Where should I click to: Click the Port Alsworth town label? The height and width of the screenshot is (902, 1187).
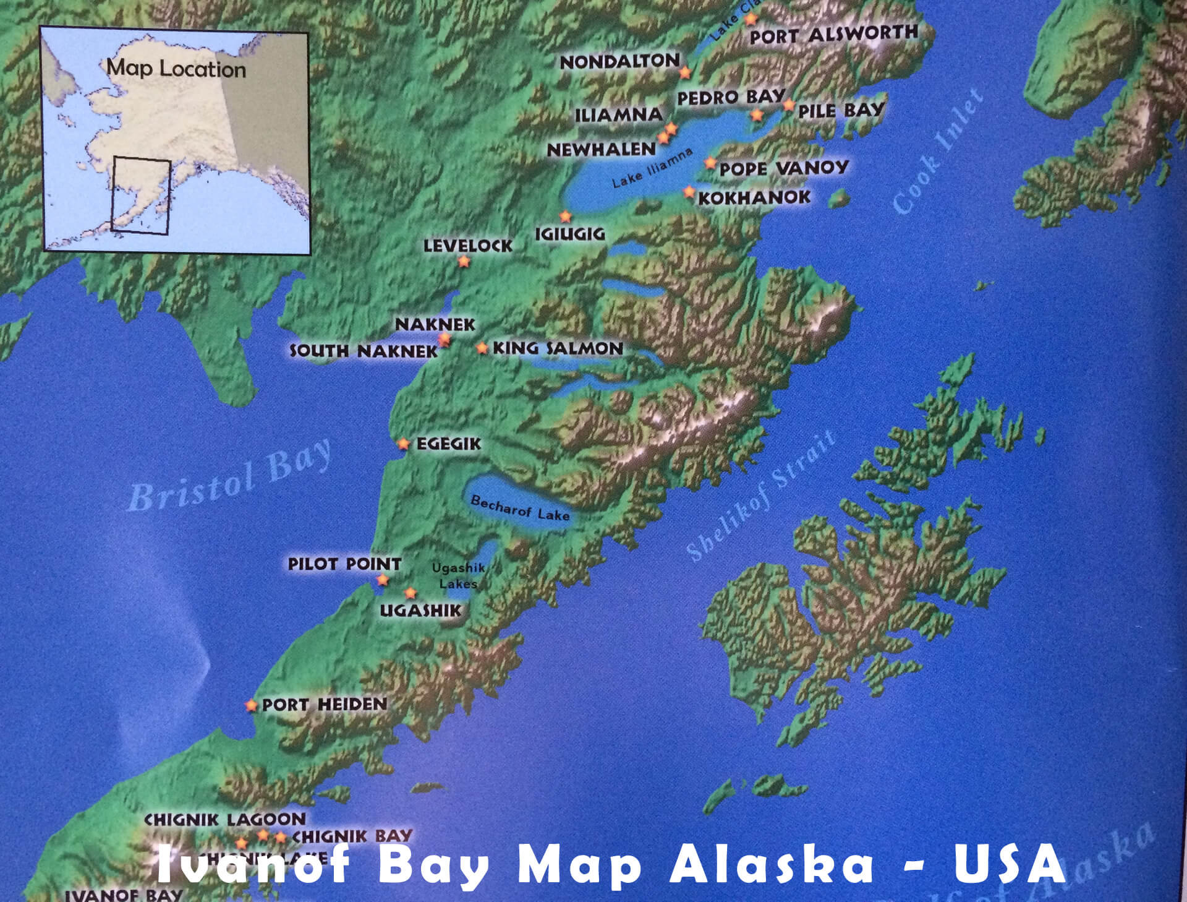(833, 34)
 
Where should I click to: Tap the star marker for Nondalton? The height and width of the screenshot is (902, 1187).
(685, 72)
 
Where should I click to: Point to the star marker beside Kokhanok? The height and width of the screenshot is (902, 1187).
(689, 192)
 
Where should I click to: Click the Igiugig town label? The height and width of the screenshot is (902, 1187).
(569, 234)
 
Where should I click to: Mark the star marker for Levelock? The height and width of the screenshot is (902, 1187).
(464, 262)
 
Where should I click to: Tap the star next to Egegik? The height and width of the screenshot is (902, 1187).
(404, 444)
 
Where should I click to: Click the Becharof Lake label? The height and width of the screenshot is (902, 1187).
(520, 508)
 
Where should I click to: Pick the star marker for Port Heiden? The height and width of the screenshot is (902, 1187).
(251, 705)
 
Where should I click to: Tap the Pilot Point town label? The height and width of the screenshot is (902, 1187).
(344, 564)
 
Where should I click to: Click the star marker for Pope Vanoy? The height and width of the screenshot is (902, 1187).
(710, 163)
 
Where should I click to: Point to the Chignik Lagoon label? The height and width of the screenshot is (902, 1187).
(225, 819)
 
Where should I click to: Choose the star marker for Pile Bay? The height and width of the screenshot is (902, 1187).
(789, 105)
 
